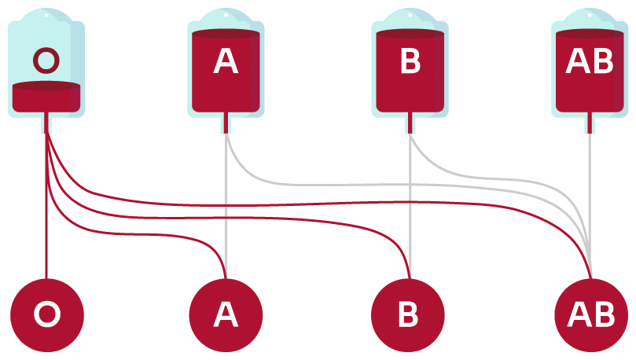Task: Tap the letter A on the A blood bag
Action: click(226, 62)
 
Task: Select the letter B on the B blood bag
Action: click(410, 62)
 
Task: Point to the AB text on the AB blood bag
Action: click(590, 62)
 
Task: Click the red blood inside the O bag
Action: click(46, 97)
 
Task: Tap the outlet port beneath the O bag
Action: click(46, 123)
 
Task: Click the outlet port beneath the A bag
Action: click(226, 123)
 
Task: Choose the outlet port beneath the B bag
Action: click(410, 123)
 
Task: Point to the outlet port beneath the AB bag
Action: click(590, 123)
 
